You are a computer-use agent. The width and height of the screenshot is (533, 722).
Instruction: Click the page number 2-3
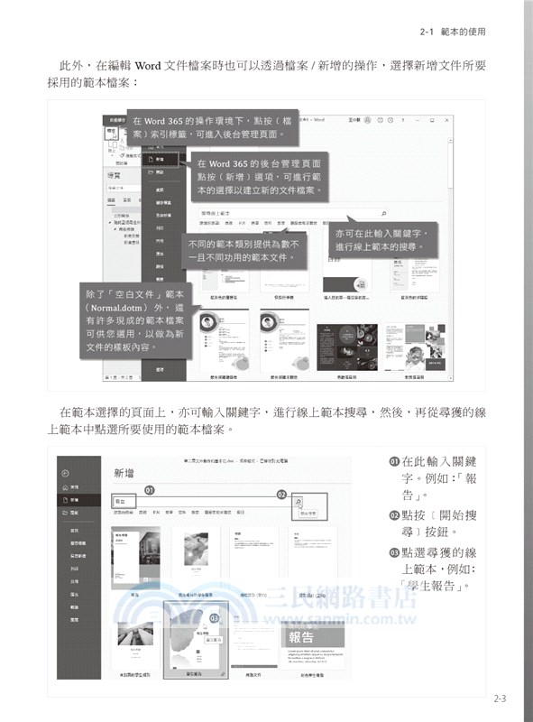(x=500, y=698)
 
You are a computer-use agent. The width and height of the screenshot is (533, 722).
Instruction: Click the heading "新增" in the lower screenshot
(x=126, y=473)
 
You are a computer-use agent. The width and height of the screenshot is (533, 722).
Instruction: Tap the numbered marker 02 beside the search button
(x=281, y=495)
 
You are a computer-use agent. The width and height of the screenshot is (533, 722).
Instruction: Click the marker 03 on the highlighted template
(x=215, y=617)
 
